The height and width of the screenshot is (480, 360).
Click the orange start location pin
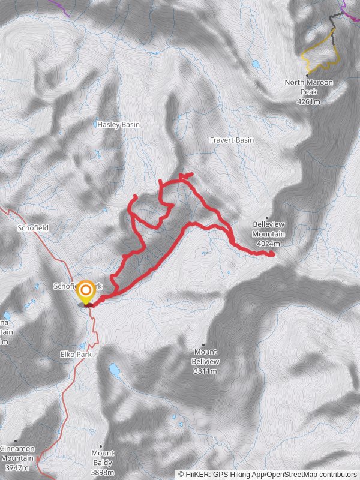click(86, 293)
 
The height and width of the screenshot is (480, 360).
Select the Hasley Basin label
click(118, 124)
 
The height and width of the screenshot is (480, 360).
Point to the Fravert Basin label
click(232, 140)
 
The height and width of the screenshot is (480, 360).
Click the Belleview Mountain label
click(268, 229)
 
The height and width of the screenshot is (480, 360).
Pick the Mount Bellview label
click(206, 356)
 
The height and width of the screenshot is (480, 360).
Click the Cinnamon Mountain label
click(17, 453)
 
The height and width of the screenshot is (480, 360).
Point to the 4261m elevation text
click(309, 102)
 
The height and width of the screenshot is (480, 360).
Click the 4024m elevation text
click(268, 244)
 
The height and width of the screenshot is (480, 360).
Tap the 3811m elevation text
click(206, 371)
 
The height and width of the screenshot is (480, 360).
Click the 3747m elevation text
click(17, 467)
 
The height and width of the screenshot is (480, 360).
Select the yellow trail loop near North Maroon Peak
click(321, 54)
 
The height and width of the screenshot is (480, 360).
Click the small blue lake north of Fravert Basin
click(256, 63)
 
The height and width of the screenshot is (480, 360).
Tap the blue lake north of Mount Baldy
click(113, 370)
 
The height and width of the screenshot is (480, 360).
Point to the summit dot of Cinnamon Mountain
click(16, 441)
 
